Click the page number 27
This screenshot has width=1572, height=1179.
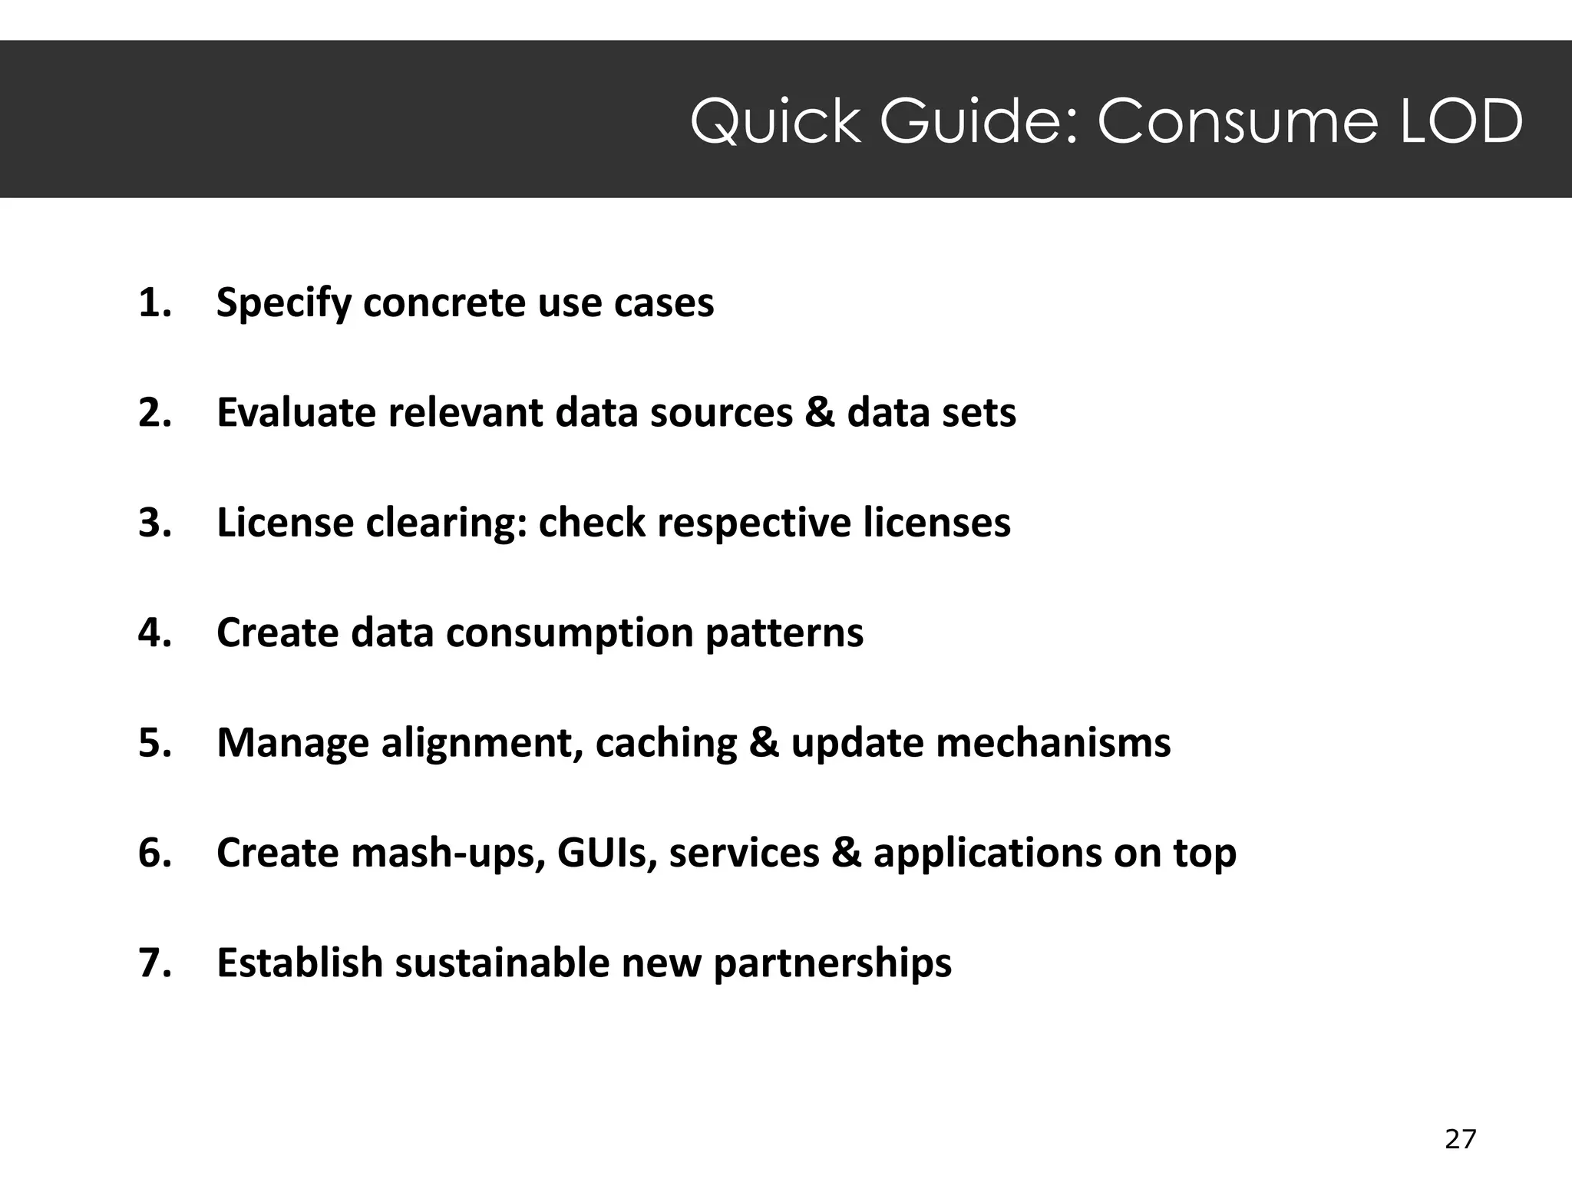coord(1460,1139)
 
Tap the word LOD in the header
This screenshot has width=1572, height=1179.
coord(1461,121)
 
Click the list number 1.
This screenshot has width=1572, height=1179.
coord(154,302)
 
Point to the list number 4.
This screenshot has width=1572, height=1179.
coord(154,632)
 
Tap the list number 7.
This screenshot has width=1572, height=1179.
coord(154,963)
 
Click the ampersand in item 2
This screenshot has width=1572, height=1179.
coord(820,413)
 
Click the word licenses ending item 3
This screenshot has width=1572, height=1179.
coord(936,523)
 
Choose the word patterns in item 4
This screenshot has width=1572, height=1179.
coord(784,634)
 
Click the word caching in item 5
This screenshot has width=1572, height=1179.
coord(665,744)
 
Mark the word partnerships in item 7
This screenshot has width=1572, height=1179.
coord(832,964)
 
